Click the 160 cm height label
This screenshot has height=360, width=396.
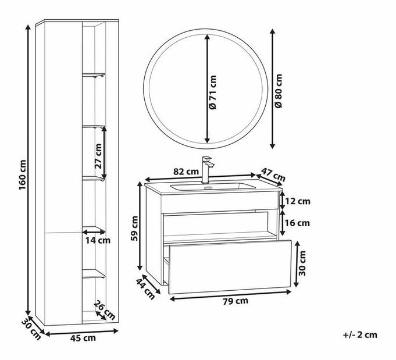point(23,175)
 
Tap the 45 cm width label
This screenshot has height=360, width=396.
point(83,338)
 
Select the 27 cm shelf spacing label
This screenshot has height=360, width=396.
point(98,156)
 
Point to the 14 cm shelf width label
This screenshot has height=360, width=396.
point(98,240)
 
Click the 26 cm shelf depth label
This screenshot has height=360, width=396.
point(105,310)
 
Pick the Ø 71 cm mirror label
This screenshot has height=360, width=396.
point(213,92)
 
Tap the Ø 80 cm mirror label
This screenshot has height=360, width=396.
point(279,91)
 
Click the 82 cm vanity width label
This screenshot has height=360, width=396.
point(186,172)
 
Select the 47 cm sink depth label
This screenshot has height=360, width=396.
point(273,174)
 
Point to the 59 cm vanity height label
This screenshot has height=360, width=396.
point(135,229)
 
